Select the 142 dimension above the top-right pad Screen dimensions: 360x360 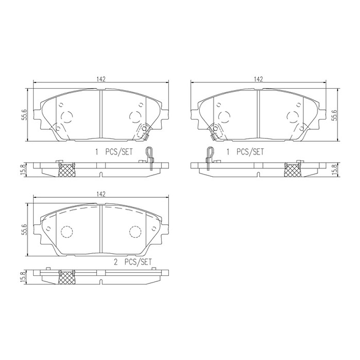pyautogui.click(x=259, y=79)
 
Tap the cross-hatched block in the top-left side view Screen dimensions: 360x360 pyautogui.click(x=66, y=170)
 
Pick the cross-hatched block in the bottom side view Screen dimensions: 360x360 pyautogui.click(x=66, y=277)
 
